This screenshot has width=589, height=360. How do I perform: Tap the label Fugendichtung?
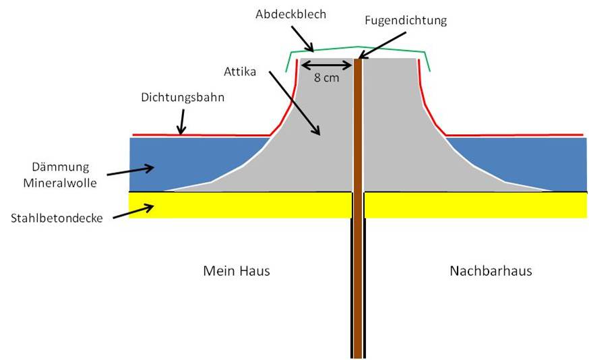pyautogui.click(x=406, y=21)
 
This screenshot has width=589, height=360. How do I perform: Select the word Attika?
pyautogui.click(x=240, y=69)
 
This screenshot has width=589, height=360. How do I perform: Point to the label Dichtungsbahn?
pyautogui.click(x=182, y=96)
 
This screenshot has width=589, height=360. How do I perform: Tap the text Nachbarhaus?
pyautogui.click(x=491, y=271)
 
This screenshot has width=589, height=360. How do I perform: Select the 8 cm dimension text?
pyautogui.click(x=326, y=77)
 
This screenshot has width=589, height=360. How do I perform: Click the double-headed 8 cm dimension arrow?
pyautogui.click(x=326, y=65)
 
